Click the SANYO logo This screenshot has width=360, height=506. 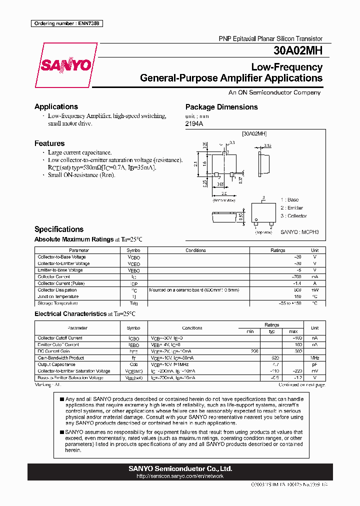click(x=65, y=65)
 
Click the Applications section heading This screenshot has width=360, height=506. click(x=56, y=106)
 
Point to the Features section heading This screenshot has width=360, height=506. click(x=49, y=143)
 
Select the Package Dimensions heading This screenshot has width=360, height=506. click(x=221, y=107)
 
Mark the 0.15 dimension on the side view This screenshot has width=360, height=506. click(x=267, y=146)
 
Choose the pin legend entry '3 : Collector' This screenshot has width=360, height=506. click(x=294, y=216)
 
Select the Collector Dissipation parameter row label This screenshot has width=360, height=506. click(x=57, y=290)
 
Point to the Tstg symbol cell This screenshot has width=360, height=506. click(x=133, y=303)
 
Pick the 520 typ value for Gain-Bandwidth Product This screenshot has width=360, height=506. click(x=274, y=358)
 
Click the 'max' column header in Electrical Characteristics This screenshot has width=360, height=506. click(x=293, y=331)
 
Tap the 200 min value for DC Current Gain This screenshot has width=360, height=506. click(x=254, y=351)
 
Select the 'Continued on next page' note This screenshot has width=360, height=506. click(x=301, y=385)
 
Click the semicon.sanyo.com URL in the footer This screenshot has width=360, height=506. click(x=180, y=476)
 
